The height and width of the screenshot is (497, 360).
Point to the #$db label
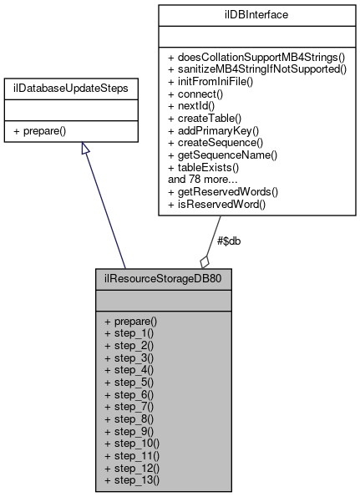pyautogui.click(x=230, y=241)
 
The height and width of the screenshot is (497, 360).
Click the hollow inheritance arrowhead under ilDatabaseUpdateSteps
pyautogui.click(x=84, y=150)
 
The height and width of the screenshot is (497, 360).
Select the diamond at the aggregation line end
pyautogui.click(x=205, y=260)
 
